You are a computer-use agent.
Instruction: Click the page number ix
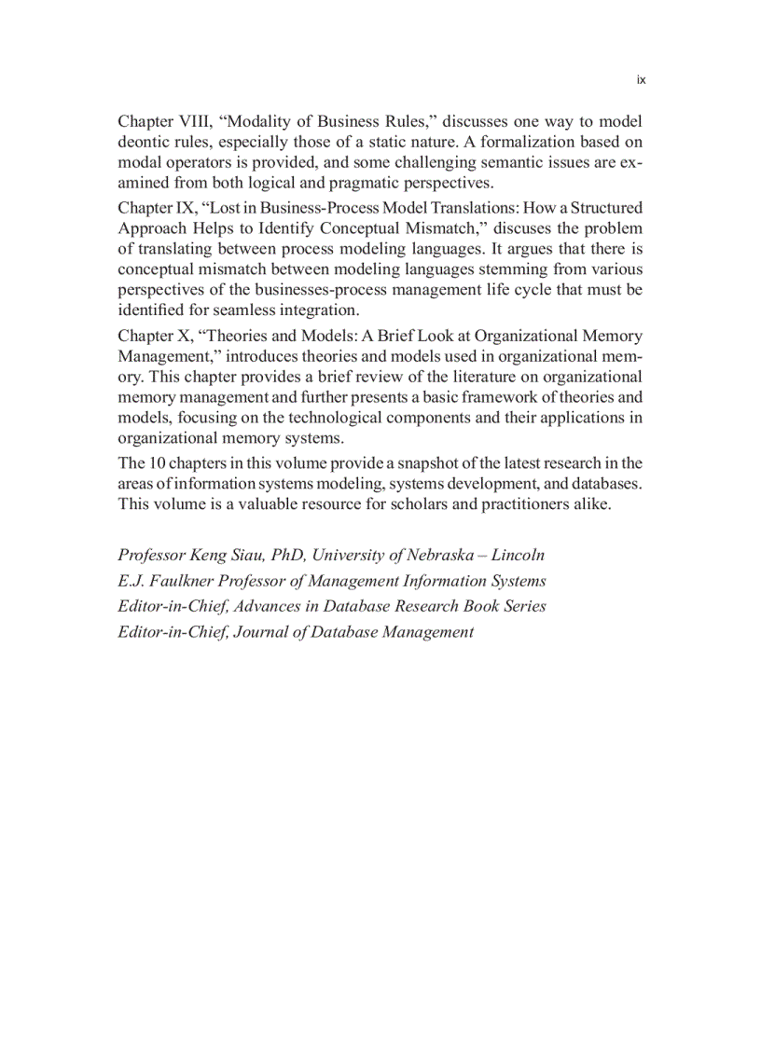click(641, 80)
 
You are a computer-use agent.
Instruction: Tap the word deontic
click(144, 142)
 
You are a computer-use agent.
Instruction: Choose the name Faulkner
click(181, 581)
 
